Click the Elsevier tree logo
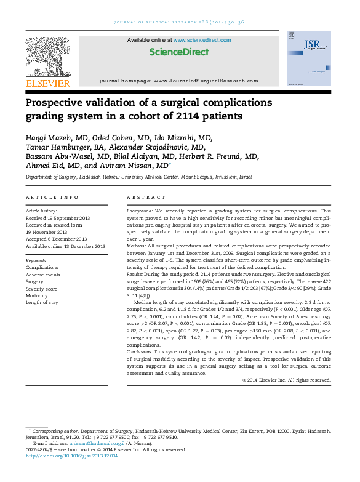click(47, 58)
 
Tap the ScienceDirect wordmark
click(179, 52)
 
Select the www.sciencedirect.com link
click(202, 40)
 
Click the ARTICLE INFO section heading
click(52, 197)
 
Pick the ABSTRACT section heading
click(143, 197)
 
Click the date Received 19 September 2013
click(57, 218)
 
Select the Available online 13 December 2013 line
click(65, 246)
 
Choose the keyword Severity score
click(42, 288)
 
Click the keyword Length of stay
click(42, 302)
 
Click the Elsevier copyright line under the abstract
click(287, 380)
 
